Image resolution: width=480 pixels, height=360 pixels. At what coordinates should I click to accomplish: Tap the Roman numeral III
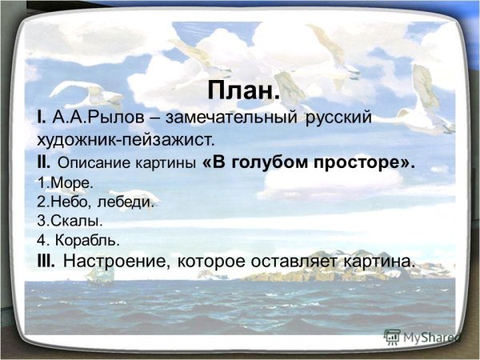tap(46, 261)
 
